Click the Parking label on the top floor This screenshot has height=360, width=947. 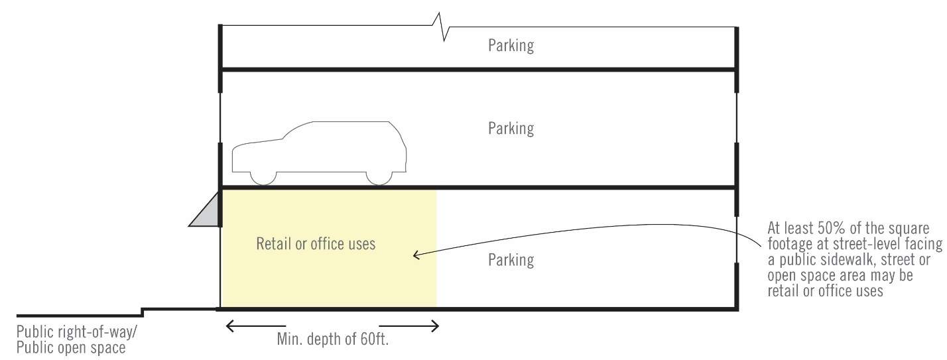pyautogui.click(x=511, y=46)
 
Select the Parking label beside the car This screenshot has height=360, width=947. pyautogui.click(x=511, y=128)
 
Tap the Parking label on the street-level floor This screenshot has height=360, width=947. pyautogui.click(x=511, y=260)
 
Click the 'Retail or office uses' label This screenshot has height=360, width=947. pyautogui.click(x=316, y=244)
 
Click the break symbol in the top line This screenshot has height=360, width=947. pyautogui.click(x=442, y=26)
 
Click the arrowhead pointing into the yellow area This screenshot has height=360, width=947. pyautogui.click(x=416, y=255)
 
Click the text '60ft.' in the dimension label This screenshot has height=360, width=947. pyautogui.click(x=381, y=339)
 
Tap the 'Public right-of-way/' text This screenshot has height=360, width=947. pyautogui.click(x=82, y=332)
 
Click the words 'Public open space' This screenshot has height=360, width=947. pyautogui.click(x=71, y=347)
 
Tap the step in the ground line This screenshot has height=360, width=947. pyautogui.click(x=143, y=312)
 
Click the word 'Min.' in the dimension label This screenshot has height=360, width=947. pyautogui.click(x=290, y=339)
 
